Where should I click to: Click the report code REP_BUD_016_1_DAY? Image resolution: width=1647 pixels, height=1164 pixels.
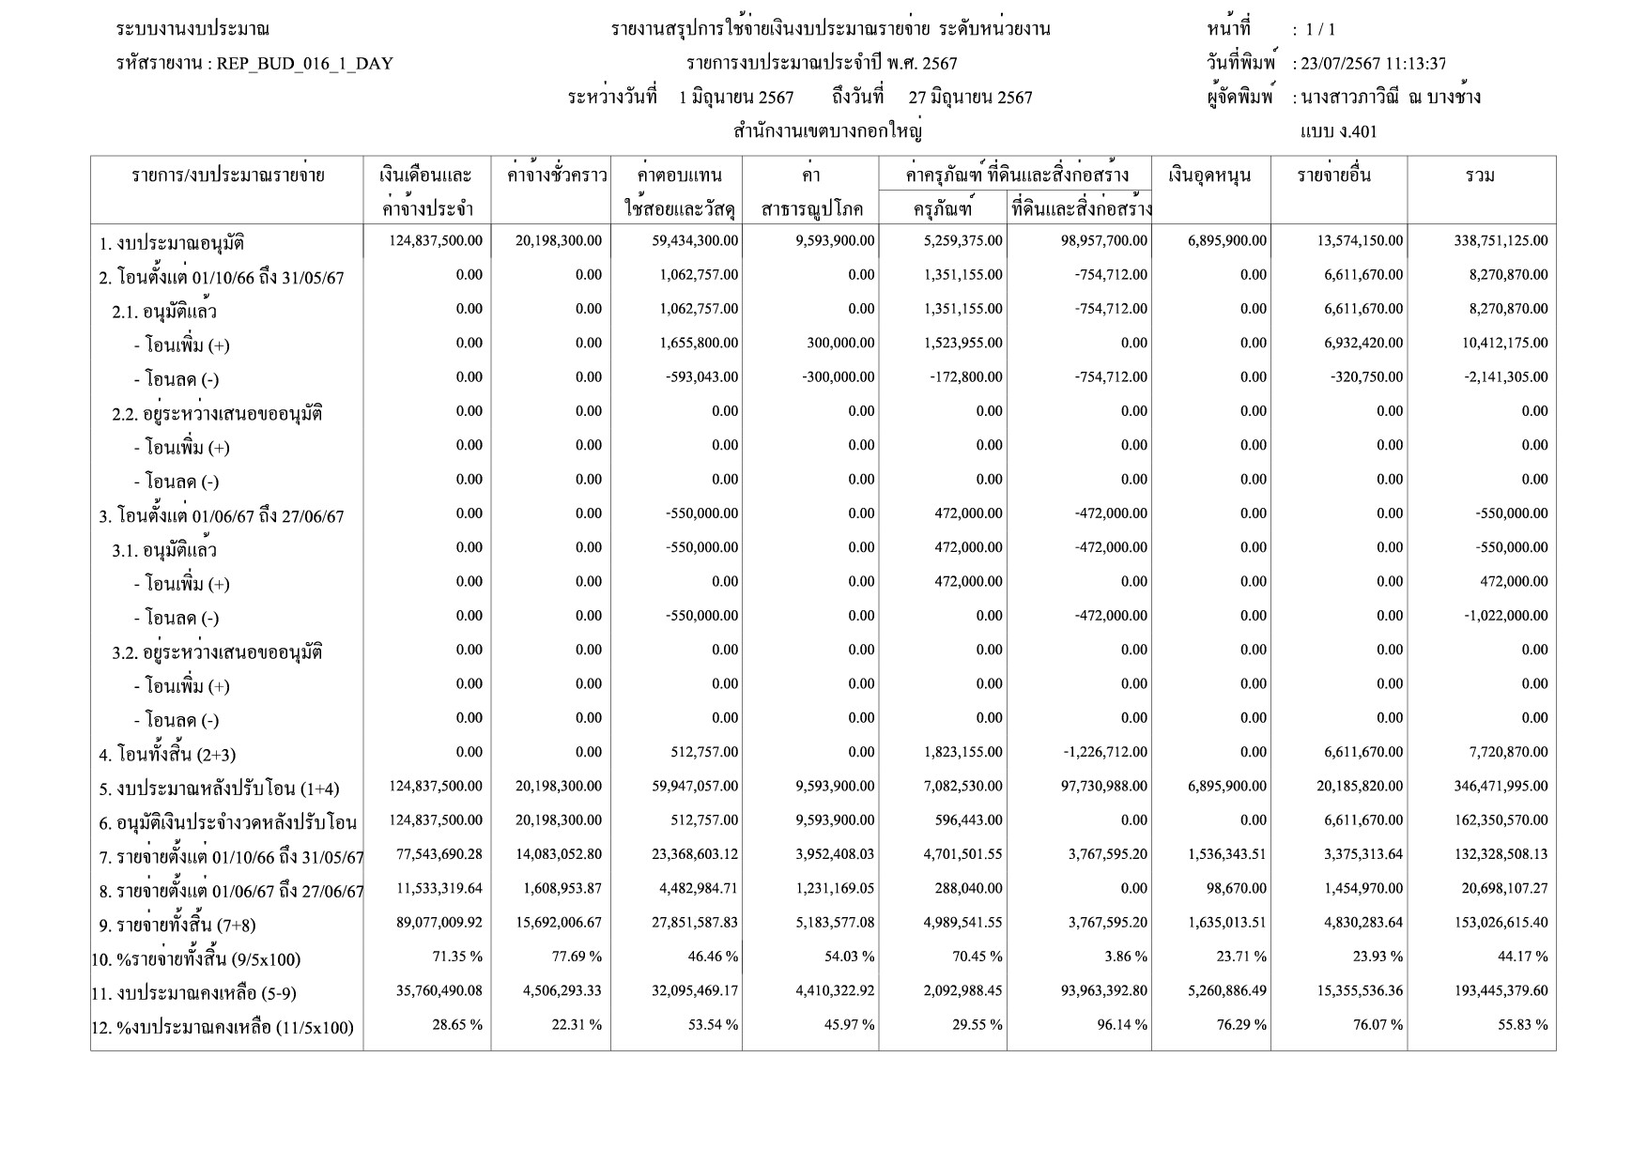click(x=304, y=64)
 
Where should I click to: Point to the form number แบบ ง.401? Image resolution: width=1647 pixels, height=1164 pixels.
click(x=1338, y=131)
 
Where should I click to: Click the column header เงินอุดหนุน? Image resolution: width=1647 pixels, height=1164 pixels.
click(x=1210, y=176)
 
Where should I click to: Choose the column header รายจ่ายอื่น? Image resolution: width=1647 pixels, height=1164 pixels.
click(x=1333, y=176)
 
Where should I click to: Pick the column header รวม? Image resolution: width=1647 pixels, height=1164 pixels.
click(x=1480, y=176)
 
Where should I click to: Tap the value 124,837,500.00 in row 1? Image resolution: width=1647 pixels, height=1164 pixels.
click(x=436, y=241)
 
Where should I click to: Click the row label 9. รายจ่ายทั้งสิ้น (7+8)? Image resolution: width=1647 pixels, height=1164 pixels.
click(x=177, y=926)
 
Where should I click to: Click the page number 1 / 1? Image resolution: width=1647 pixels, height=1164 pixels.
click(x=1320, y=30)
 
